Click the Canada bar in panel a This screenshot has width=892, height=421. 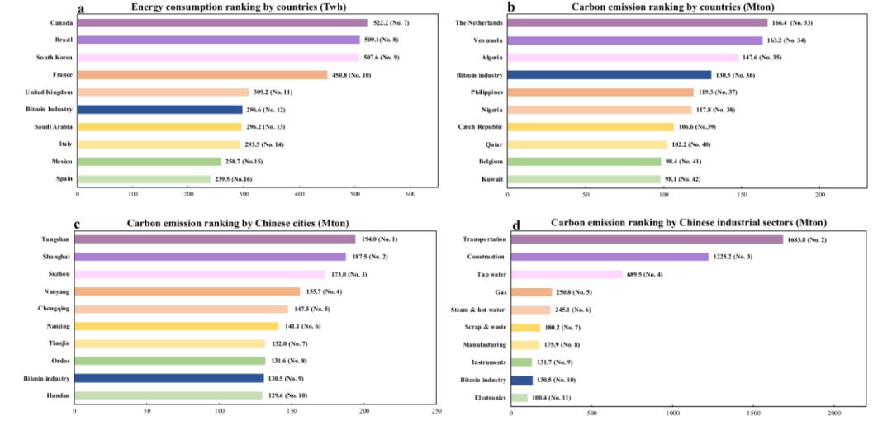[x=222, y=23]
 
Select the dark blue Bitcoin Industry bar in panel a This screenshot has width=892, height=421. [x=160, y=109]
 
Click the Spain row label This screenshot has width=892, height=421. [x=64, y=178]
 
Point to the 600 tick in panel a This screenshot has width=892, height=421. [x=410, y=196]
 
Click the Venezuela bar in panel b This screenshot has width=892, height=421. [x=634, y=40]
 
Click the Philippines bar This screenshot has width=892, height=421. [x=600, y=92]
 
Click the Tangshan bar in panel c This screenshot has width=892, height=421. [x=215, y=239]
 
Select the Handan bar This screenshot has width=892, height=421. [x=168, y=395]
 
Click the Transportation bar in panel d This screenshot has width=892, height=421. [x=647, y=239]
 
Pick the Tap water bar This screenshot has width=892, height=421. [x=567, y=274]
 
